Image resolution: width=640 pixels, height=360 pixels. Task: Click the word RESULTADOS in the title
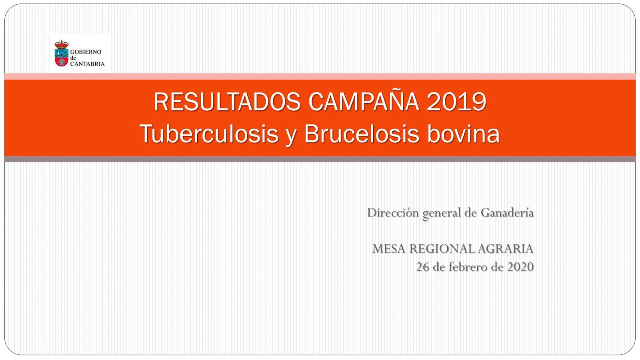(228, 102)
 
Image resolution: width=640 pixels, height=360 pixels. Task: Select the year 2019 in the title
(456, 102)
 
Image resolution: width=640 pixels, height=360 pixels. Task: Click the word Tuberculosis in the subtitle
(209, 134)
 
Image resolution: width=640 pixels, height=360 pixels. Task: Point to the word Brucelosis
(362, 134)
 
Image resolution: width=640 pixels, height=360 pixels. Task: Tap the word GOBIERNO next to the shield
(86, 52)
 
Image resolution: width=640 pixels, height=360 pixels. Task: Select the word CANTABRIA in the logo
(88, 64)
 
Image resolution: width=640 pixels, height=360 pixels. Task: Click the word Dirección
(393, 212)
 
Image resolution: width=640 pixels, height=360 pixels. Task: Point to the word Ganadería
(507, 212)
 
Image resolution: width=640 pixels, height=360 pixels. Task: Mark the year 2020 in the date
(520, 267)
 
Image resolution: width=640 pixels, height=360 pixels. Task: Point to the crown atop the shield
(62, 44)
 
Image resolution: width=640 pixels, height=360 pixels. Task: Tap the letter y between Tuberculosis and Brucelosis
(291, 136)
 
